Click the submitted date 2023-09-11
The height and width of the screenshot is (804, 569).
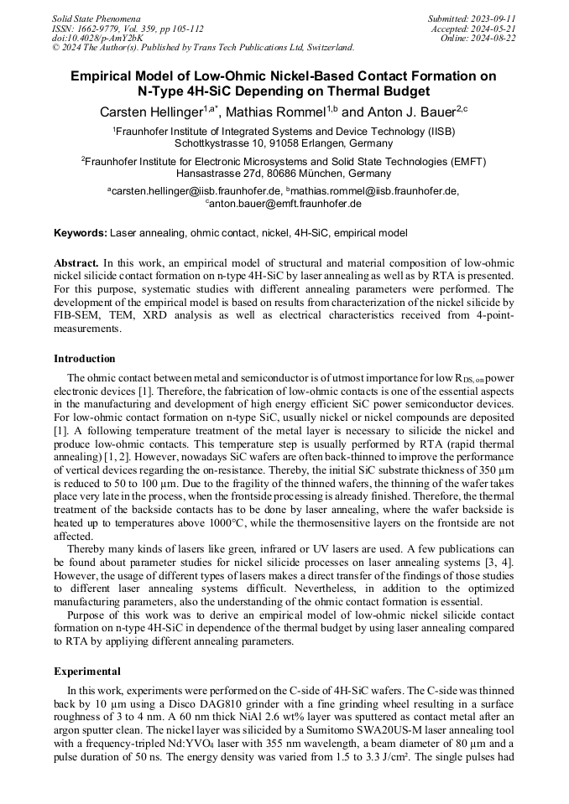click(494, 18)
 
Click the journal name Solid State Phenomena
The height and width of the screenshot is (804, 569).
click(96, 18)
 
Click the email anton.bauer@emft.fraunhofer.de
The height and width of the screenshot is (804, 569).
click(285, 204)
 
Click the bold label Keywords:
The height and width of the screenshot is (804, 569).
click(81, 232)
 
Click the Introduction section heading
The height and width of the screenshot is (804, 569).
click(85, 359)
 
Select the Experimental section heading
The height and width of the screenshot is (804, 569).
click(87, 672)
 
